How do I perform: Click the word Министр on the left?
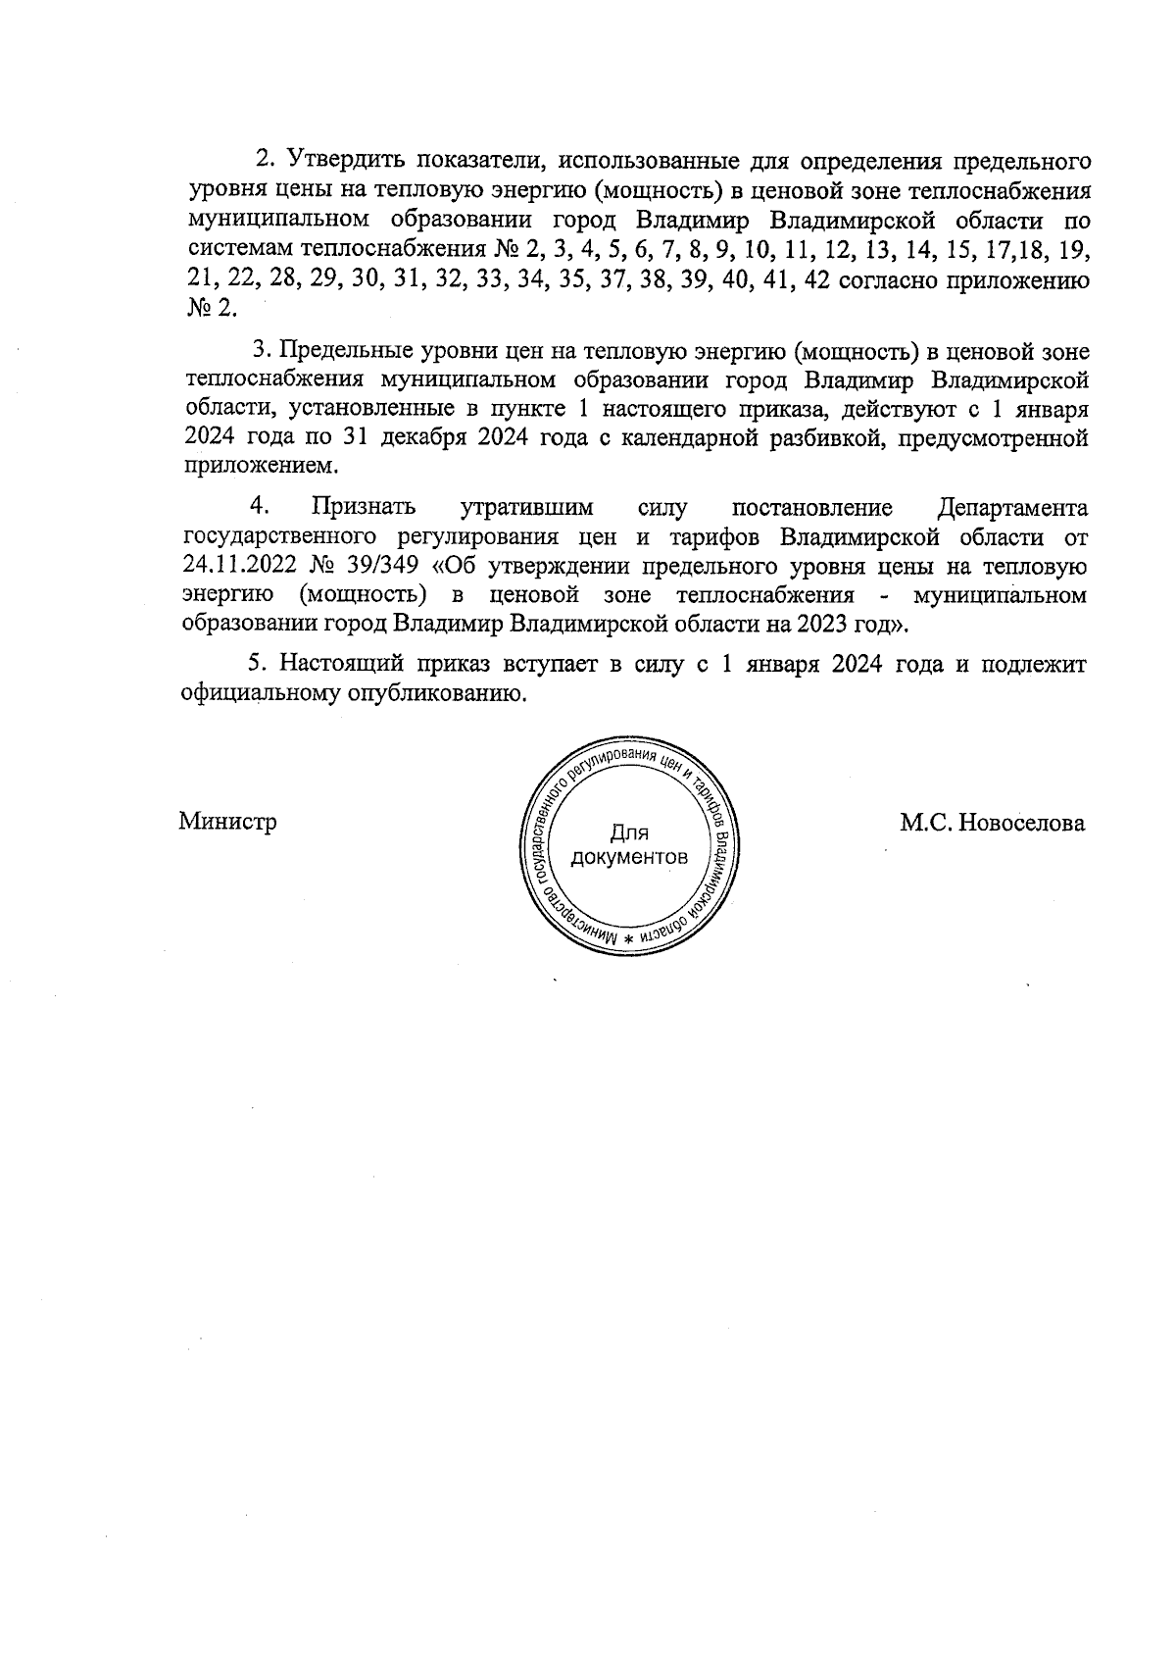coord(227,822)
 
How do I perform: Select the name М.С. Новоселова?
coord(993,823)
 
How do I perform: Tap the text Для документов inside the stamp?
coord(629,845)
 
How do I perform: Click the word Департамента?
coord(1012,508)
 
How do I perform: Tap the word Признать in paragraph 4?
coord(363,508)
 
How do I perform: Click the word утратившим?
coord(527,508)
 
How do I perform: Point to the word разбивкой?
coord(817,437)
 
